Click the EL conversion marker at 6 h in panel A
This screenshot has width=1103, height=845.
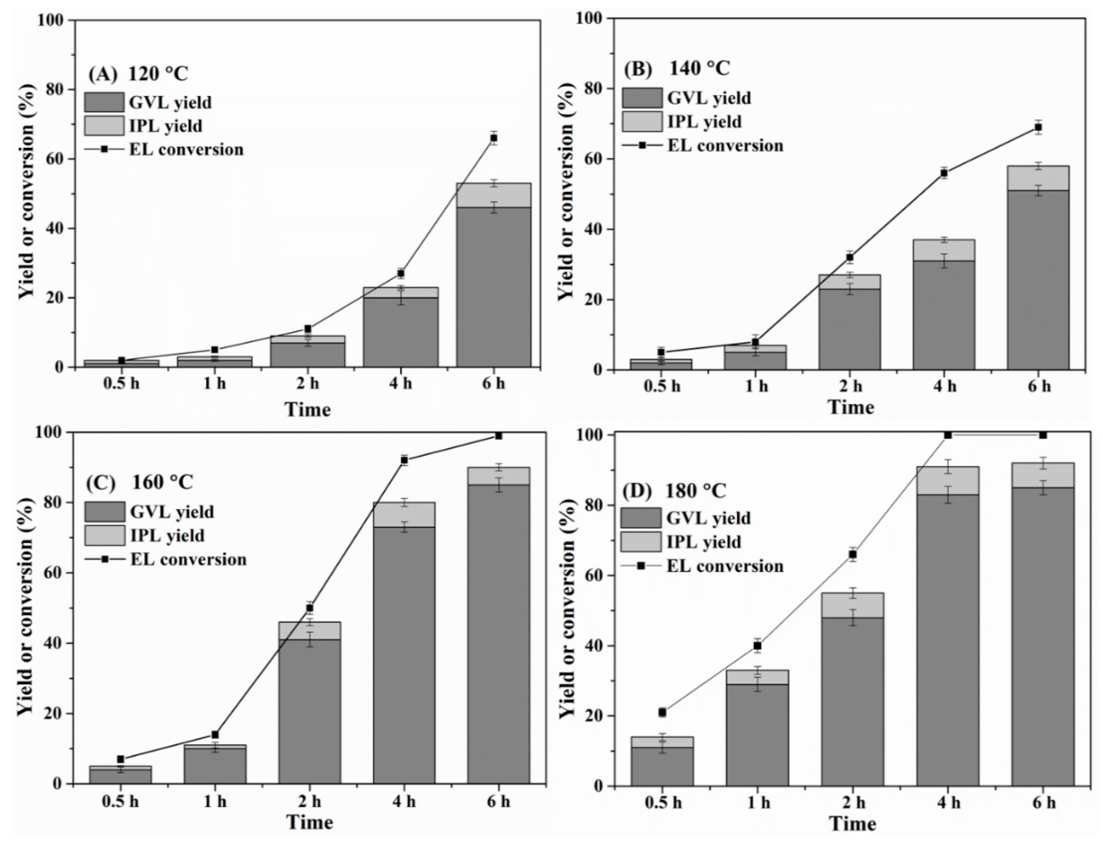pos(493,138)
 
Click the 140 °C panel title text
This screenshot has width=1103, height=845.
pos(698,68)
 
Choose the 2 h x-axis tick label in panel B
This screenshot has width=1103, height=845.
pos(850,386)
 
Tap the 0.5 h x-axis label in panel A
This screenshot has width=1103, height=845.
pos(121,384)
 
